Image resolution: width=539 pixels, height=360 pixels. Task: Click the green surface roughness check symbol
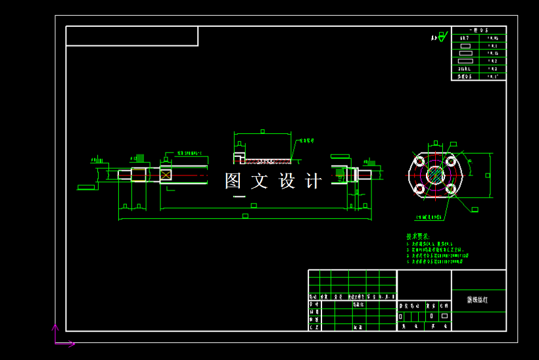click(442, 37)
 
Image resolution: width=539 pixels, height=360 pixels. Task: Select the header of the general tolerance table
click(478, 30)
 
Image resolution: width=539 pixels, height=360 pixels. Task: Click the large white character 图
click(233, 181)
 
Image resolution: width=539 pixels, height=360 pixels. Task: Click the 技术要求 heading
click(417, 236)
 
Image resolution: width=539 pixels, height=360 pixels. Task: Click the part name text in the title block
click(478, 300)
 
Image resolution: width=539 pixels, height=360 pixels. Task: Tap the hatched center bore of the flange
click(434, 175)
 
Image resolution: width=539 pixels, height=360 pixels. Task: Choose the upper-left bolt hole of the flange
click(419, 162)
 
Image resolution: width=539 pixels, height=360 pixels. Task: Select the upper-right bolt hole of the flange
click(450, 162)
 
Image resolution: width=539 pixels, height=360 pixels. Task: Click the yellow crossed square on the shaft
click(166, 174)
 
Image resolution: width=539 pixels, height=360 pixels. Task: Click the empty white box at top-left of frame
click(132, 36)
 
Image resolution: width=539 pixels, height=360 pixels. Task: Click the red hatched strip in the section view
click(266, 160)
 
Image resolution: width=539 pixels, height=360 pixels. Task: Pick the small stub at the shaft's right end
click(365, 174)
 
